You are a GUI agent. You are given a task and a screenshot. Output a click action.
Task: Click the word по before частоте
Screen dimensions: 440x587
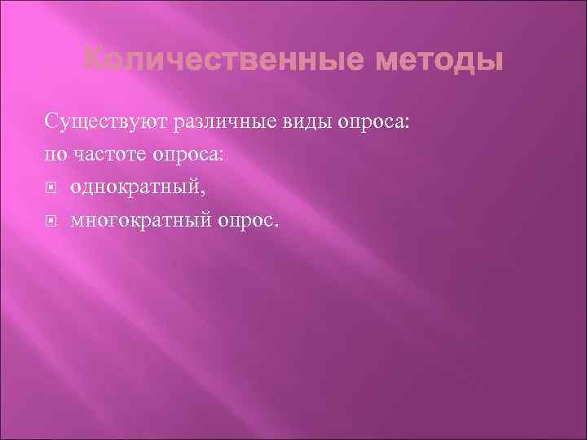(56, 154)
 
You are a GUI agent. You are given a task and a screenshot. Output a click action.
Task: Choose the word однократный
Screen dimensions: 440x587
(135, 187)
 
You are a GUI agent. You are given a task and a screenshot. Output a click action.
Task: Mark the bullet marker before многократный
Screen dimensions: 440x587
(51, 219)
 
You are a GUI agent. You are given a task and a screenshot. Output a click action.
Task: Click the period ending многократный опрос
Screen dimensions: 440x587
(276, 222)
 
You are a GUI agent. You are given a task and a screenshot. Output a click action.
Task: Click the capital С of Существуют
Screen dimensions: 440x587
(51, 122)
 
